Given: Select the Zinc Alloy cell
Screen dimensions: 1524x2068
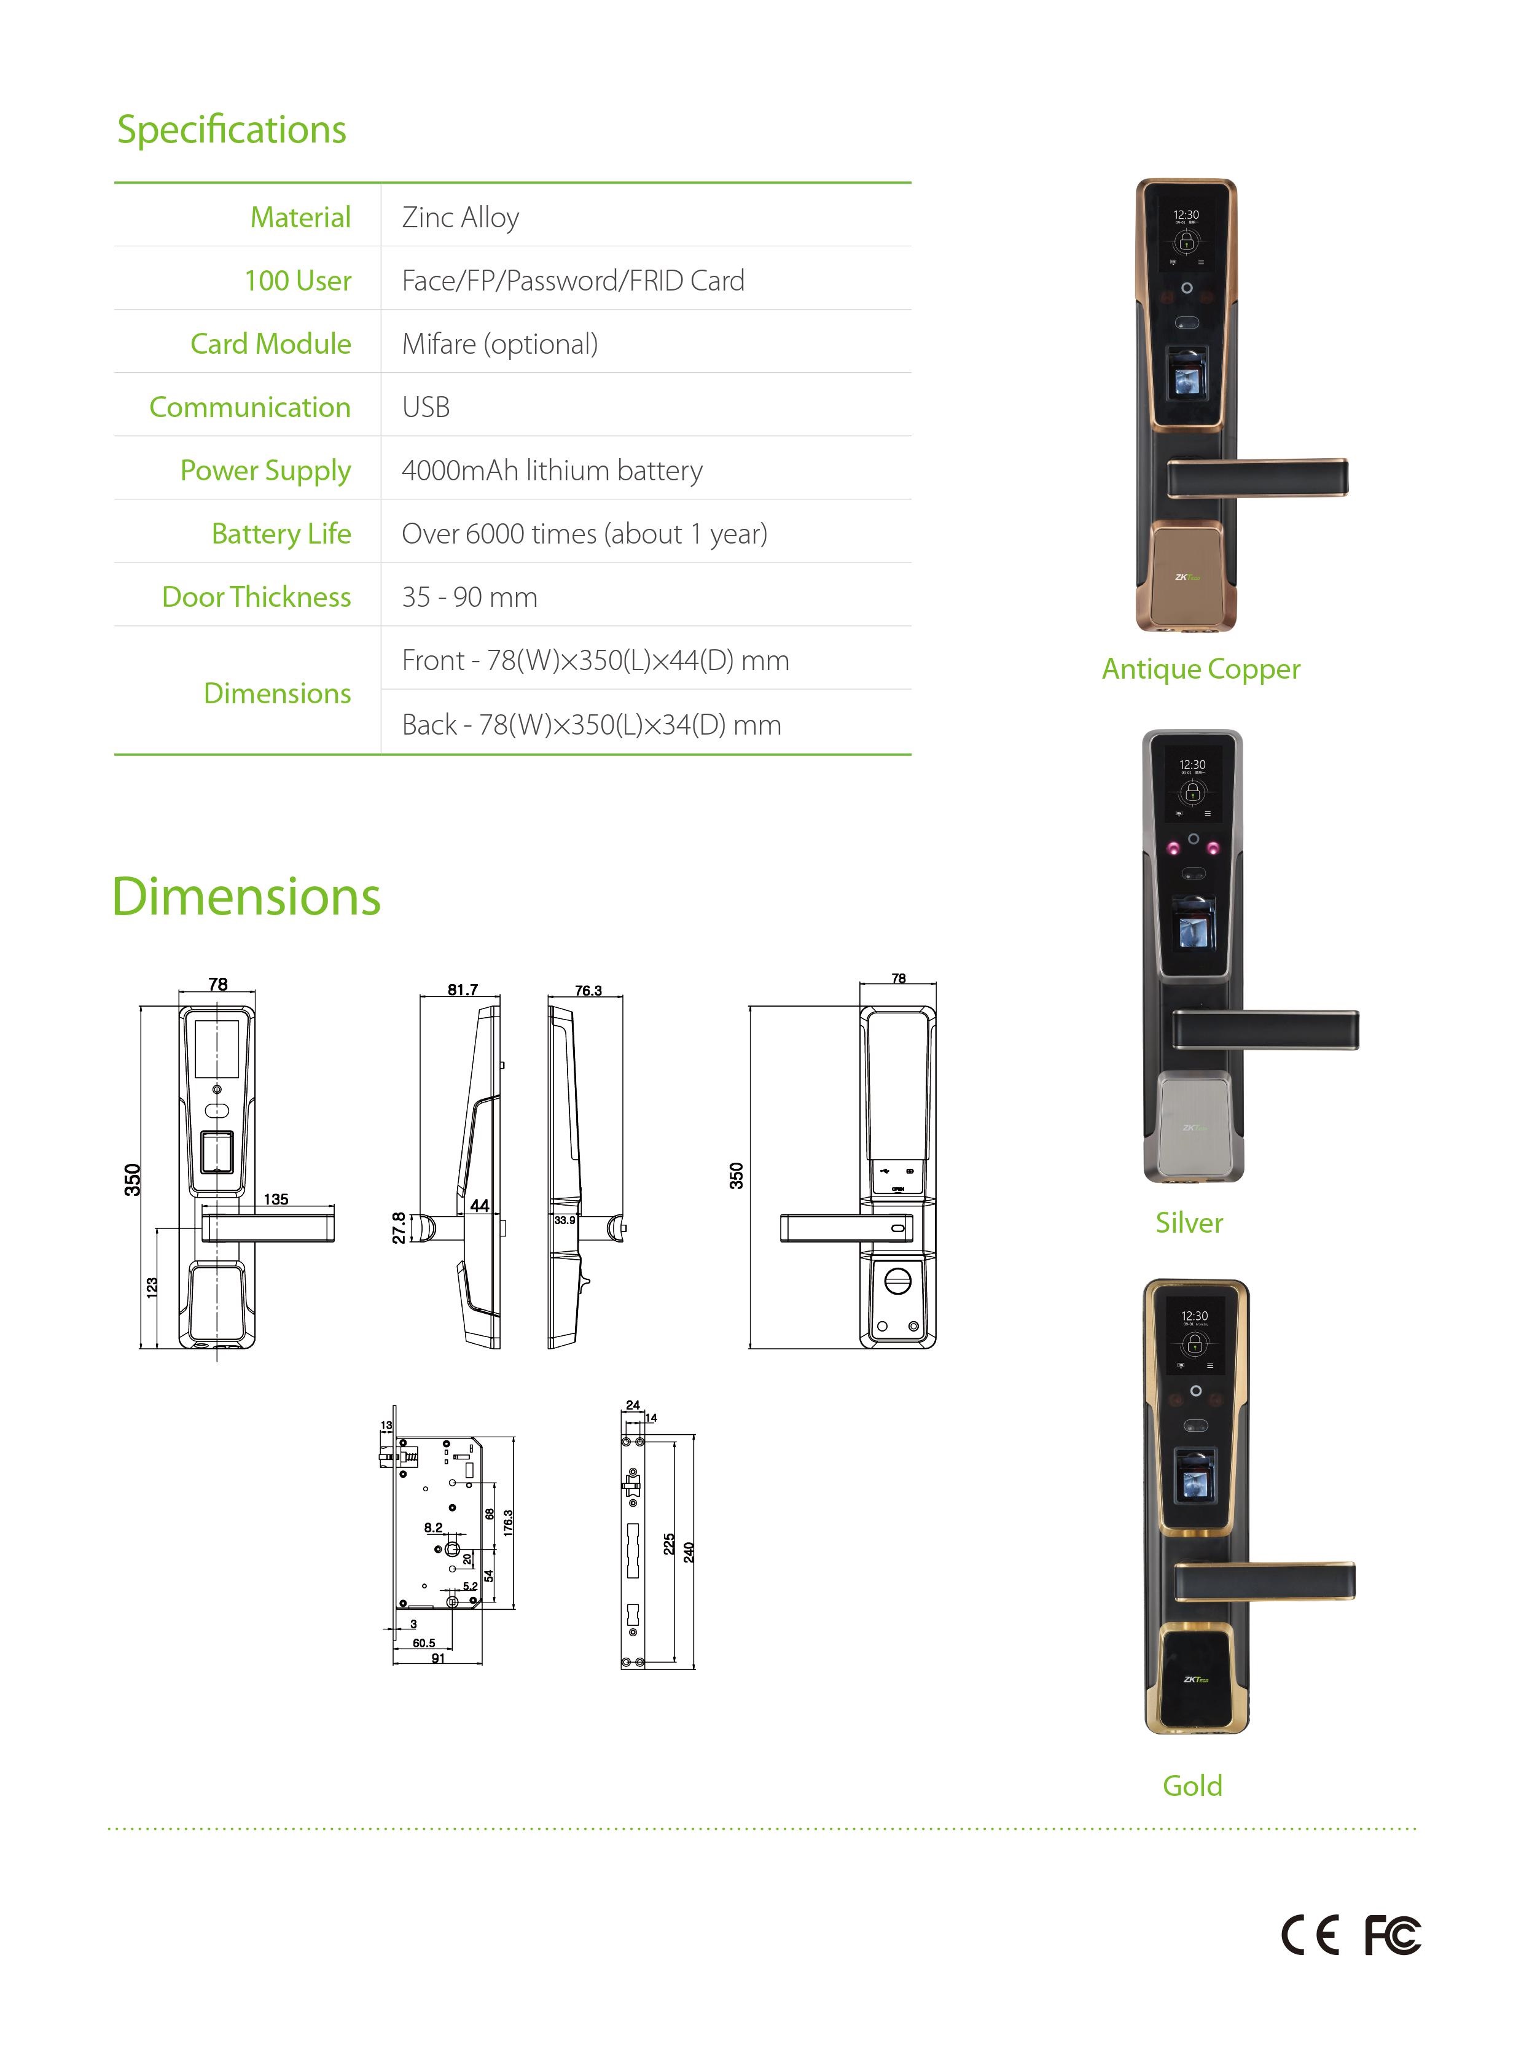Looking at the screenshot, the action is tap(460, 217).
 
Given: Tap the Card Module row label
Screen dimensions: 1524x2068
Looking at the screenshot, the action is tap(270, 344).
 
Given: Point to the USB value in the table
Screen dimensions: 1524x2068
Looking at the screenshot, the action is tap(425, 407).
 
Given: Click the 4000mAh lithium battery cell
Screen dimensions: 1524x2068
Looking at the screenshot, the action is tap(552, 470).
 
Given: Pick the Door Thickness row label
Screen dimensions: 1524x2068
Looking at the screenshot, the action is tap(257, 597).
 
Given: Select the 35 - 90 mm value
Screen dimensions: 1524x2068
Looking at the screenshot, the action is tap(469, 597).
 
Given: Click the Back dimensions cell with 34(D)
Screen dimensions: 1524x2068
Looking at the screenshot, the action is tap(592, 724).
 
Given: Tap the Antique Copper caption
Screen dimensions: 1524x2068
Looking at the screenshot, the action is tap(1201, 669).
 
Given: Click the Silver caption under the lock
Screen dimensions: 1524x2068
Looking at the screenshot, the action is tap(1189, 1222).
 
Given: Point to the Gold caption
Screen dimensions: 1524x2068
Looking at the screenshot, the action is tap(1192, 1785).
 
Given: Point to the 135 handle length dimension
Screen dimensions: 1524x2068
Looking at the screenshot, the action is tap(276, 1199).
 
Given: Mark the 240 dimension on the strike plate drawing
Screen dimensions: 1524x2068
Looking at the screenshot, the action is tap(688, 1553).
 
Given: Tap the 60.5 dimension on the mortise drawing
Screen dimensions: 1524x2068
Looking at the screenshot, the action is tap(423, 1643).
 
